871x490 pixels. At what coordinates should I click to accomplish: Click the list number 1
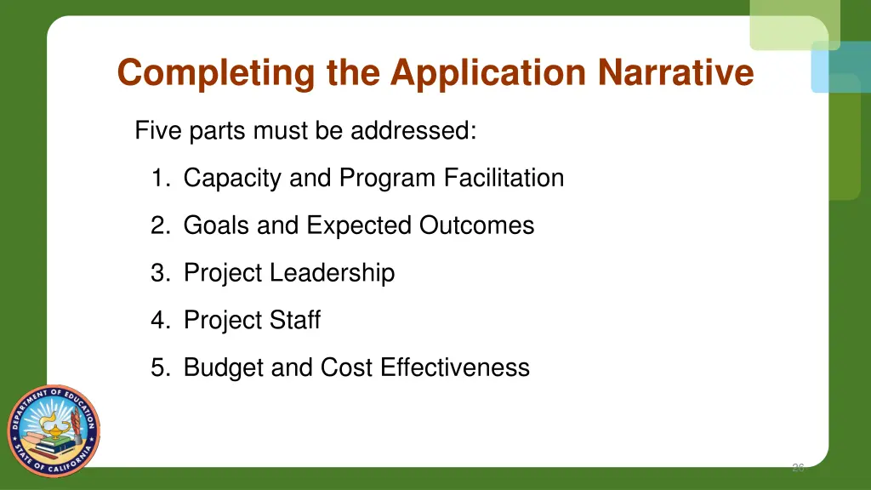(x=158, y=179)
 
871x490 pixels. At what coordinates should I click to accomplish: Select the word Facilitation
(x=504, y=179)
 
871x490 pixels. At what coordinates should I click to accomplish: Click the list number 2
(x=159, y=225)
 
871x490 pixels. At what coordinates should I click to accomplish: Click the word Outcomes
(x=476, y=225)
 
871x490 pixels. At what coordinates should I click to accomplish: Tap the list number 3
(x=159, y=273)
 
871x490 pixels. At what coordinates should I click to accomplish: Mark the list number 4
(x=159, y=321)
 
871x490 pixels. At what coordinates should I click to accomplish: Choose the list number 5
(x=159, y=367)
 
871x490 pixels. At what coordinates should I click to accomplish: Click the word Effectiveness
(x=455, y=367)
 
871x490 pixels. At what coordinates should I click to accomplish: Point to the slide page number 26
(x=798, y=467)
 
